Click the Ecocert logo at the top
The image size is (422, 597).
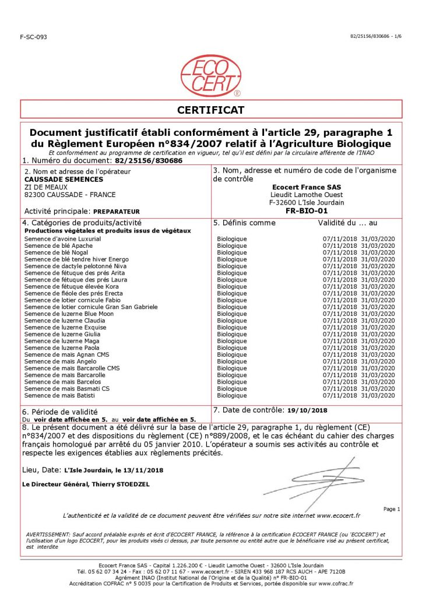click(x=210, y=75)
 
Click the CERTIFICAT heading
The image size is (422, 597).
click(x=210, y=110)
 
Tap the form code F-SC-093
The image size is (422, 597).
click(x=33, y=37)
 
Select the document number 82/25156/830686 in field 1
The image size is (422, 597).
click(x=149, y=160)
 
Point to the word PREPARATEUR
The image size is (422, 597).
click(x=117, y=211)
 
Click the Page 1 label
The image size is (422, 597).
click(x=391, y=509)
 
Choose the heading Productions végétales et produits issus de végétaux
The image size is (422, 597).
click(x=107, y=231)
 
